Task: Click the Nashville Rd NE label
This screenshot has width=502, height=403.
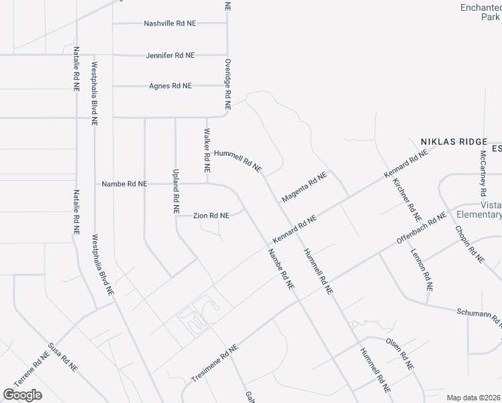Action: (x=170, y=24)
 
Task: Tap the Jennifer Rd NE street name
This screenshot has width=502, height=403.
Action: (x=170, y=55)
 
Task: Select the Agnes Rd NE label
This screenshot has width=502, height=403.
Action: (x=170, y=86)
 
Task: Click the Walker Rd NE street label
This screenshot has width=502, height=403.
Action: (x=207, y=150)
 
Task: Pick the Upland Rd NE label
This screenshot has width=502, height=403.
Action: (x=176, y=191)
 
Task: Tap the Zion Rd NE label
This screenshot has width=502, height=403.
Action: (x=211, y=216)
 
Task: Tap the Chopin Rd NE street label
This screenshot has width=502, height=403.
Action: (x=469, y=243)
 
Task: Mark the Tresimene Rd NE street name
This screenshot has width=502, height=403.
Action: (x=215, y=365)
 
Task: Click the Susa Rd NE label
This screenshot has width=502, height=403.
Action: (x=63, y=363)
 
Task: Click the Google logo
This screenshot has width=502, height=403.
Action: (x=22, y=395)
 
